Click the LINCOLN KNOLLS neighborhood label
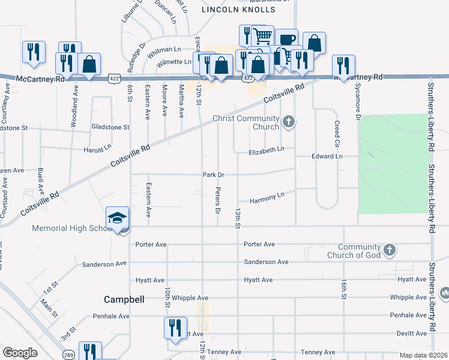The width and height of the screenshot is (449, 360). (x=238, y=10)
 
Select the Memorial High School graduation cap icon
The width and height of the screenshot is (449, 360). (x=118, y=218)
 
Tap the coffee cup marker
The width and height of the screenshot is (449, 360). (x=286, y=40)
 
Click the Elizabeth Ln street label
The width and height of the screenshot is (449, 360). (x=267, y=152)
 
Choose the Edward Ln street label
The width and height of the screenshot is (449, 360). (x=327, y=156)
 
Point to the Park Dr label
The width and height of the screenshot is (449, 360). (x=213, y=175)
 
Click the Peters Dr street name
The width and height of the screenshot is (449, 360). (x=218, y=202)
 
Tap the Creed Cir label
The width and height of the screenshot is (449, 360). (x=337, y=135)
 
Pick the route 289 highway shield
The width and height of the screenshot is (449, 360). (x=70, y=355)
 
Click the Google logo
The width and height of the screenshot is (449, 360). (x=20, y=353)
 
